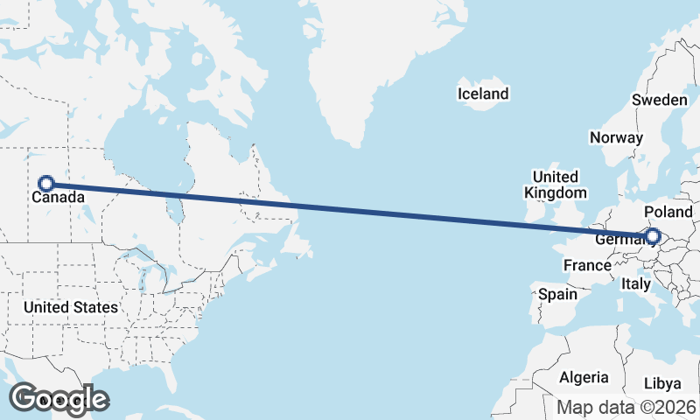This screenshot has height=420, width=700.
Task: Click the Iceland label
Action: (482, 94)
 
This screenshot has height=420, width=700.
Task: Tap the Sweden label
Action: (660, 101)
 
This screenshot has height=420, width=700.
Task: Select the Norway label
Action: (616, 137)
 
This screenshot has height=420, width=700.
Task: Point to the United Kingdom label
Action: (556, 185)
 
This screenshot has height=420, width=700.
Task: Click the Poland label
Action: (668, 212)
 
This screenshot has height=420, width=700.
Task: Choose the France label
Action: (586, 265)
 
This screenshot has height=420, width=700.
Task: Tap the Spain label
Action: (557, 294)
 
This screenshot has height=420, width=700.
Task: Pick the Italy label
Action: (635, 283)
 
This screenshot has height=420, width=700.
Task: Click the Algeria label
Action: (584, 377)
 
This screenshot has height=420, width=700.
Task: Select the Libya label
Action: (661, 383)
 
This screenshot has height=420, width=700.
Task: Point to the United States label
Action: (70, 307)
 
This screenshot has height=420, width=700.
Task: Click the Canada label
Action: (59, 198)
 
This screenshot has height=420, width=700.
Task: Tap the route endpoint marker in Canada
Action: (46, 183)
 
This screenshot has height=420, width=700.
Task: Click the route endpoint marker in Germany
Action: (652, 235)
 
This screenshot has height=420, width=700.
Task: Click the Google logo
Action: (59, 398)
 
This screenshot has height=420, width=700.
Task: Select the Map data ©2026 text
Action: (626, 407)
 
